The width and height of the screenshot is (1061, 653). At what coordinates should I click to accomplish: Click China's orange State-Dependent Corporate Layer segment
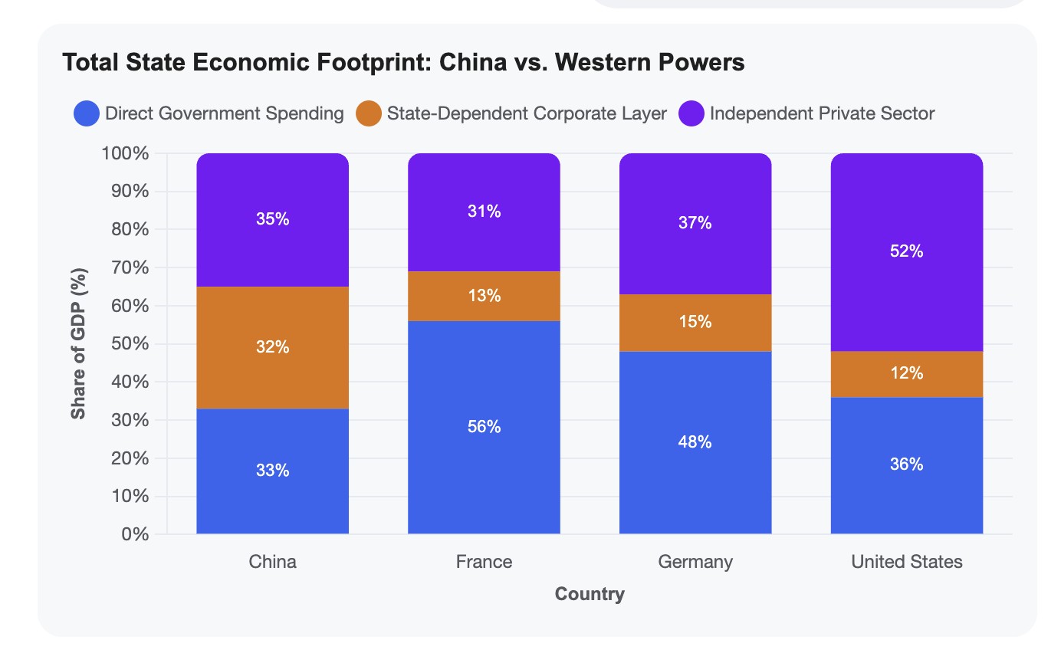click(272, 347)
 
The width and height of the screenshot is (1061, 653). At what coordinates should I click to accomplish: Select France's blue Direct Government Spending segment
click(484, 427)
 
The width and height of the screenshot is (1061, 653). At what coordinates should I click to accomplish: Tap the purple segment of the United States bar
click(907, 252)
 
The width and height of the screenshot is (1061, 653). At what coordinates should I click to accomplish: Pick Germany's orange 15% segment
click(695, 323)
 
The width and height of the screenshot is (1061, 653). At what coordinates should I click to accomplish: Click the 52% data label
click(907, 251)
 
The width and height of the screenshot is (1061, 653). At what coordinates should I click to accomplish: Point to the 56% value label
click(484, 427)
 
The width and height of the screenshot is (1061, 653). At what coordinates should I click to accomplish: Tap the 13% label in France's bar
click(484, 296)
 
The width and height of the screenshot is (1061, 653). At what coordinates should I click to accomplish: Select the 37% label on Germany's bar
click(695, 222)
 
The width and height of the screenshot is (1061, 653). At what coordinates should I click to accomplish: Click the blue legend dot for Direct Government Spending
click(87, 113)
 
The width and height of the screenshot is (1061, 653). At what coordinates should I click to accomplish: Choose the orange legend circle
click(369, 113)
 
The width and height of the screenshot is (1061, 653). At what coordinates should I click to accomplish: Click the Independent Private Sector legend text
click(822, 113)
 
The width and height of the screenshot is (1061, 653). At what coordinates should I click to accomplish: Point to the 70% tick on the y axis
click(130, 267)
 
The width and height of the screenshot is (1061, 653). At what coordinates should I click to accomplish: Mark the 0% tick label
click(135, 534)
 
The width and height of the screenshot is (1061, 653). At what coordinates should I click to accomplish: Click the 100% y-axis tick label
click(125, 153)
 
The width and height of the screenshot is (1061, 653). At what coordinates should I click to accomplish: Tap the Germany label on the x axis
click(695, 562)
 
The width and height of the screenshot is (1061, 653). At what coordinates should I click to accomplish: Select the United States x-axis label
click(907, 562)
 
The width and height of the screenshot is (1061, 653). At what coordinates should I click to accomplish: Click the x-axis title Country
click(590, 594)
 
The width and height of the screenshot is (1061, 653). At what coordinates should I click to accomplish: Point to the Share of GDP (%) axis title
click(78, 344)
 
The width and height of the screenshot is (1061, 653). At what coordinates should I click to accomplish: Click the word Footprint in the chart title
click(373, 63)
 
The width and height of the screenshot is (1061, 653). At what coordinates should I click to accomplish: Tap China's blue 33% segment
click(272, 471)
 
